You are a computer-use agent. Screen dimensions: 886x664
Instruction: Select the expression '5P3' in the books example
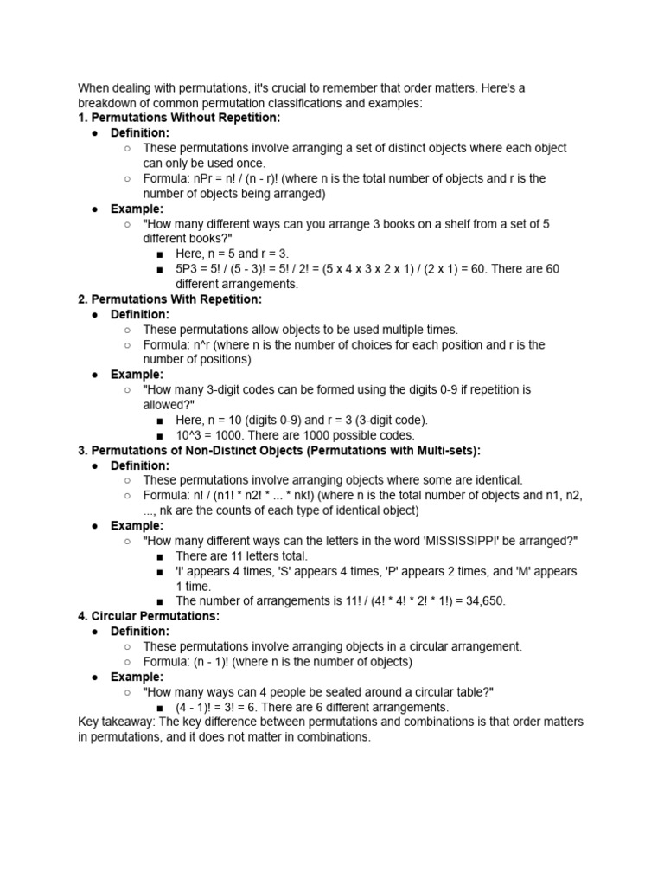tap(188, 269)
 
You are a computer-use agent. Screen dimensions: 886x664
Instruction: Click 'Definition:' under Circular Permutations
tap(140, 632)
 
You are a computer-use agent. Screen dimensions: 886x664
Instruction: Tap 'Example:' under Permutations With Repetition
tap(137, 375)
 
